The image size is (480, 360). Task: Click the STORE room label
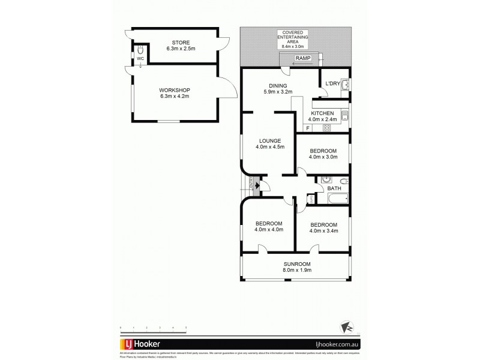coord(180,42)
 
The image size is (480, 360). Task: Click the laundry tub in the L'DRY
coord(346,87)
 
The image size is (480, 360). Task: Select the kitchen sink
coord(346,115)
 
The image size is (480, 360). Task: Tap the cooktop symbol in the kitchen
coord(327,128)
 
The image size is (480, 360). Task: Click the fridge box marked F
coord(308,128)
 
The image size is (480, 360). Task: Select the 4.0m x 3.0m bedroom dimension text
coord(323,158)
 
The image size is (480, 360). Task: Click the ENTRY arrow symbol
coord(257,186)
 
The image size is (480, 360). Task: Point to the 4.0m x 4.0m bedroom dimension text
coord(268,229)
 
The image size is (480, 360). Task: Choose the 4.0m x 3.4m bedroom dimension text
coord(323,229)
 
